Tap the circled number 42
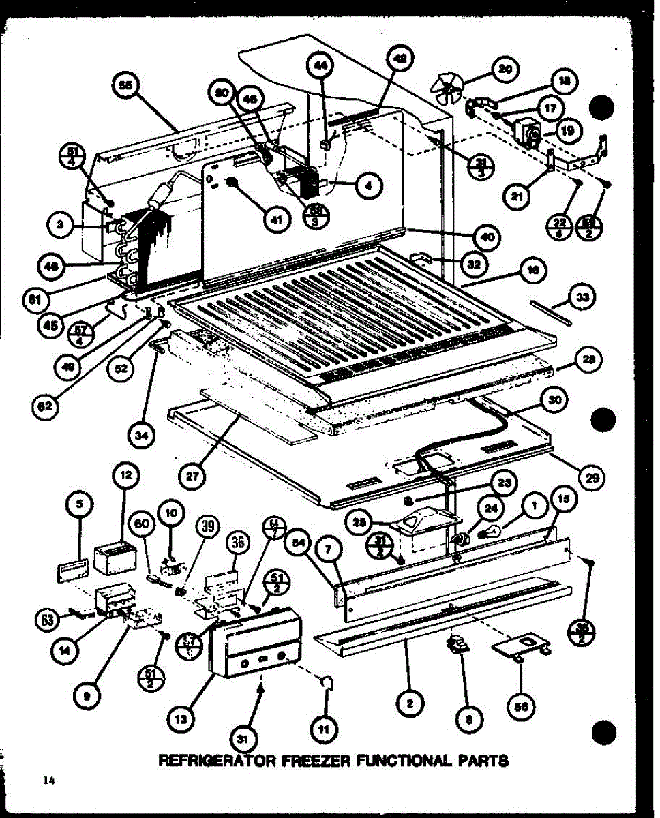pyautogui.click(x=400, y=60)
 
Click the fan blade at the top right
pyautogui.click(x=448, y=89)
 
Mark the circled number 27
pyautogui.click(x=194, y=476)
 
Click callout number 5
pyautogui.click(x=80, y=504)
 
